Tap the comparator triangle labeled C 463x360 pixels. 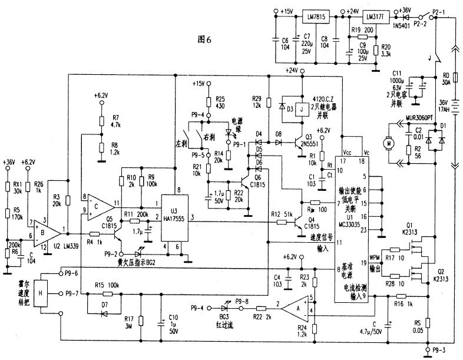tap(105, 206)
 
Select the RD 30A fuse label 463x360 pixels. tap(446, 79)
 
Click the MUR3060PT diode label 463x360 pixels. tap(408, 117)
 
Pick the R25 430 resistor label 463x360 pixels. tap(221, 102)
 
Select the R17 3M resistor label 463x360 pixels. tap(145, 323)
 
